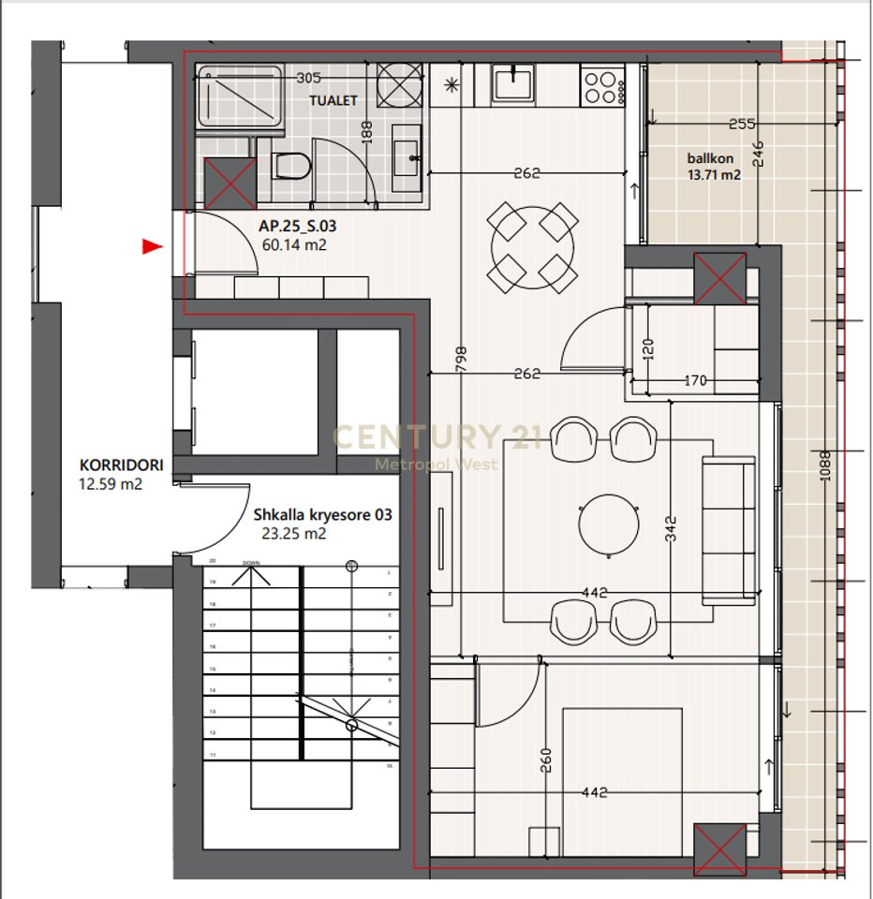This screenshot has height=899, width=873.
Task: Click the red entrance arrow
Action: pyautogui.click(x=152, y=247)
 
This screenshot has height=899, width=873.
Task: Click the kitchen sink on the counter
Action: pyautogui.click(x=513, y=84)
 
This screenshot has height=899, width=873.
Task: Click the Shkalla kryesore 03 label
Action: pyautogui.click(x=322, y=515)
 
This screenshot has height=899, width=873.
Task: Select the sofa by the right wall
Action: pyautogui.click(x=730, y=529)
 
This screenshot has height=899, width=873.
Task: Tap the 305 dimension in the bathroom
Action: pyautogui.click(x=308, y=79)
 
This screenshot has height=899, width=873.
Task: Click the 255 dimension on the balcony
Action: pyautogui.click(x=741, y=123)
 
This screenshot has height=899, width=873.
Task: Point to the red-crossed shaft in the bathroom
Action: pyautogui.click(x=230, y=182)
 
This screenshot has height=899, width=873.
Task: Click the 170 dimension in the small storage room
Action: pyautogui.click(x=694, y=381)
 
